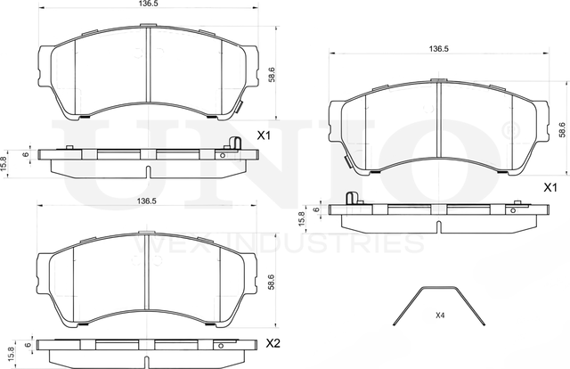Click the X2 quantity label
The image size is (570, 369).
pyautogui.click(x=274, y=343)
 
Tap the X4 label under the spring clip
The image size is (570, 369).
pyautogui.click(x=440, y=316)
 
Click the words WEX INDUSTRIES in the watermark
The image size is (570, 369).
pyautogui.click(x=275, y=242)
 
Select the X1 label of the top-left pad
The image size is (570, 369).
pyautogui.click(x=264, y=136)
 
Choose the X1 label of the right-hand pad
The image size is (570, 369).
pyautogui.click(x=550, y=188)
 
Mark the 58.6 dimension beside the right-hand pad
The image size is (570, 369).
pyautogui.click(x=561, y=130)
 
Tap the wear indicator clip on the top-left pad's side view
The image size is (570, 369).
pyautogui.click(x=233, y=144)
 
